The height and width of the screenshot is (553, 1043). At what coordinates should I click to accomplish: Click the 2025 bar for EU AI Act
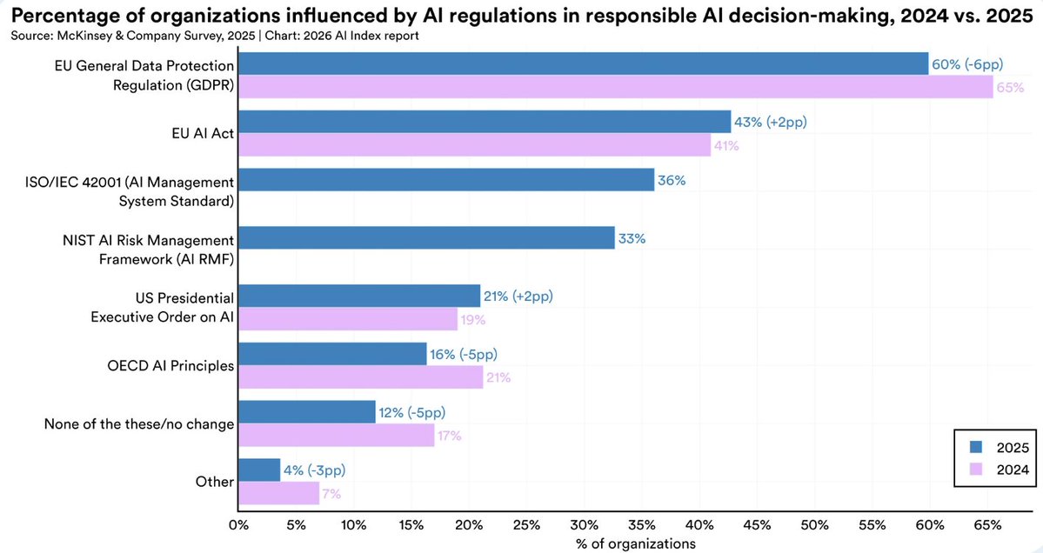tap(485, 121)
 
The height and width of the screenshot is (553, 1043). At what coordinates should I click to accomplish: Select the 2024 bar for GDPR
tap(615, 86)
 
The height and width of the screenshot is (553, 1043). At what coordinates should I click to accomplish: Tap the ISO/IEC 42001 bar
tap(445, 180)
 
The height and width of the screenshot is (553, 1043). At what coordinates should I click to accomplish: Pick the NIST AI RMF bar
tap(426, 238)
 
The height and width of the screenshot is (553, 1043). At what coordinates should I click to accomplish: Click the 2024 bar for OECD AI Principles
tap(360, 377)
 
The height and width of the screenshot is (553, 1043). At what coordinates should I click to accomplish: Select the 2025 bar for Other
tap(259, 470)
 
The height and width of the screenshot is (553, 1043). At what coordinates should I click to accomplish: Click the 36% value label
tap(672, 180)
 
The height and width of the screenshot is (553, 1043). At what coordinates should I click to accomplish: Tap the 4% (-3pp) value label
tap(315, 470)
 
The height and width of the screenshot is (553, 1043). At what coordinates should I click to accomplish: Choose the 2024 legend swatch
tap(976, 470)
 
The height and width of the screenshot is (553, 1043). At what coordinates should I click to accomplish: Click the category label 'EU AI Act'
tap(201, 133)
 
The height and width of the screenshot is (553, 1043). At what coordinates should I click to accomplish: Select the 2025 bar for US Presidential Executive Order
tap(358, 296)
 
